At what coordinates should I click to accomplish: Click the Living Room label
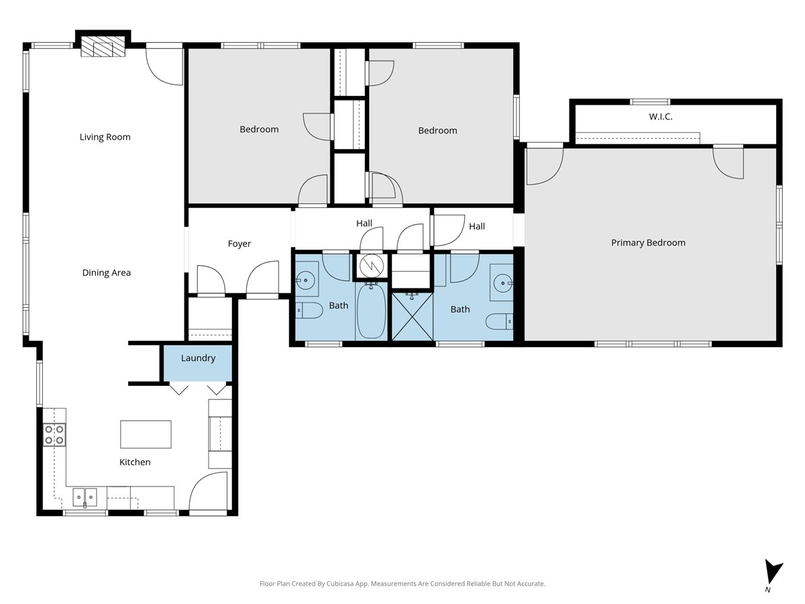(x=105, y=137)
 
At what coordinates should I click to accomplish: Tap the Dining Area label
(x=107, y=272)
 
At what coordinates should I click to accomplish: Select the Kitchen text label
(x=135, y=462)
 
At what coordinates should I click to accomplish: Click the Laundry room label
(x=198, y=358)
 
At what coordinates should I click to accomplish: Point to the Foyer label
(x=239, y=244)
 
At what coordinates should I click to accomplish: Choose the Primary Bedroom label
(x=648, y=243)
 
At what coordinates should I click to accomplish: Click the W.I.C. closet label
(x=661, y=117)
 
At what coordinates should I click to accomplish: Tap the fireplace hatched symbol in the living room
(x=103, y=46)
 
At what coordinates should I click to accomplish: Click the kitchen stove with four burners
(x=54, y=435)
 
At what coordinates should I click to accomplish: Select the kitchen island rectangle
(x=146, y=434)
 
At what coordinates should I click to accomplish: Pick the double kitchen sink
(x=85, y=497)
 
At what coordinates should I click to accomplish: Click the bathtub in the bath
(x=371, y=311)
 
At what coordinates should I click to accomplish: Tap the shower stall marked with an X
(x=413, y=317)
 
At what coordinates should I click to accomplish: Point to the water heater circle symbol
(x=372, y=266)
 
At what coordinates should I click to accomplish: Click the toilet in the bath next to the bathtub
(x=309, y=310)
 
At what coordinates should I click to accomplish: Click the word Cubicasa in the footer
(x=341, y=583)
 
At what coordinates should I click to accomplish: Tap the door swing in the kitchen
(x=208, y=491)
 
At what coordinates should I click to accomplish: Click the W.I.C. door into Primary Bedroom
(x=728, y=162)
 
